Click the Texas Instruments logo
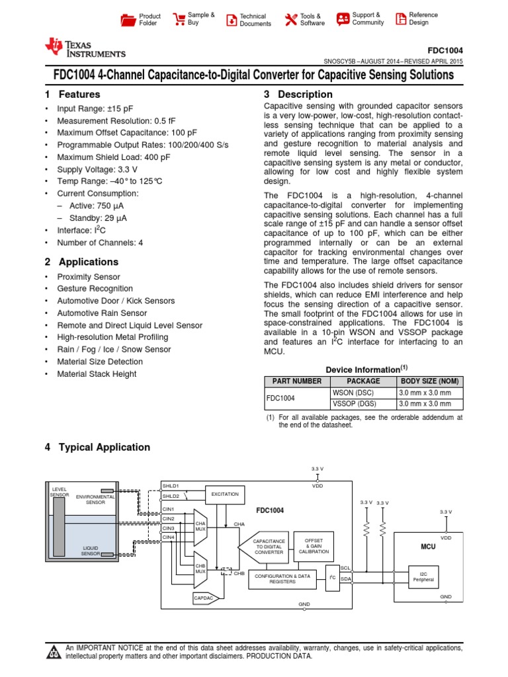click(84, 48)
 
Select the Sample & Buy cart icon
click(179, 19)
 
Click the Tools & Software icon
click(291, 20)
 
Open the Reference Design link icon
click(400, 19)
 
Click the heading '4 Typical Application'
click(97, 448)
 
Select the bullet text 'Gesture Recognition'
click(95, 289)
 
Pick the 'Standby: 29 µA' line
click(97, 218)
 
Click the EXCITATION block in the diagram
click(224, 495)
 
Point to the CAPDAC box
click(204, 598)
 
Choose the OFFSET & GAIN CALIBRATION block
click(314, 546)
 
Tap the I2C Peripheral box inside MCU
click(423, 577)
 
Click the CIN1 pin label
click(169, 509)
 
